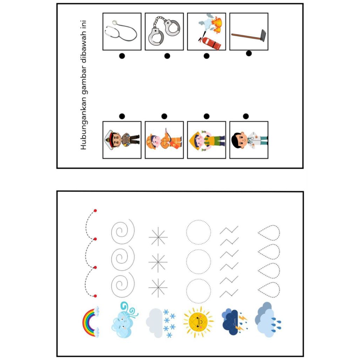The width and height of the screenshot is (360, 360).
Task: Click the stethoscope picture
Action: [120, 31]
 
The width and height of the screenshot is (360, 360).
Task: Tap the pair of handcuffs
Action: [164, 30]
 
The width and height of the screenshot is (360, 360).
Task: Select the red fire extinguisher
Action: [210, 43]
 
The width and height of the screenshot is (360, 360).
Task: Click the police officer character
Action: [122, 140]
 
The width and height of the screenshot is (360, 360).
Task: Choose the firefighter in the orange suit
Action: [164, 140]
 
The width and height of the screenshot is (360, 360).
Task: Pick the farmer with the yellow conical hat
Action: [206, 140]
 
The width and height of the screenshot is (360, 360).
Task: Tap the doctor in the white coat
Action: [249, 140]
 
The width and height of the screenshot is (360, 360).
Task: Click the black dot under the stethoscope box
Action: [122, 56]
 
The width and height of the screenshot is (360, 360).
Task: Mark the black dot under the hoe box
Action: [249, 53]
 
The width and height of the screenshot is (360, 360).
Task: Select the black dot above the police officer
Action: [122, 116]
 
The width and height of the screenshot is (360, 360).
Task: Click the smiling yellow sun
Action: [198, 322]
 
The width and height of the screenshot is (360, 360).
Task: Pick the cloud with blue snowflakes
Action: [161, 323]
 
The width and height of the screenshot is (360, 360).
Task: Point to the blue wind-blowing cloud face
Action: [124, 320]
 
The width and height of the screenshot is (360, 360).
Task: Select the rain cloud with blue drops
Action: [268, 320]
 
